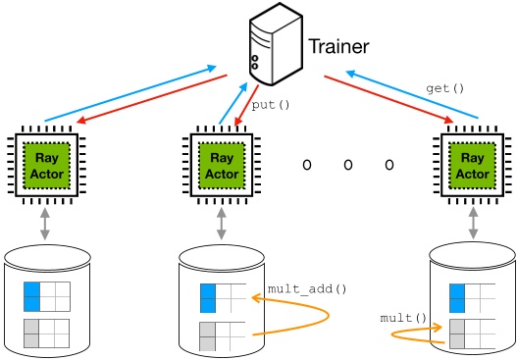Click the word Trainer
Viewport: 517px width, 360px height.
click(338, 46)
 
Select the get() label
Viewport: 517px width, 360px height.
click(444, 88)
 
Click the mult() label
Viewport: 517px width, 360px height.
click(403, 318)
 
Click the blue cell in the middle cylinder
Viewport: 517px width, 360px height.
click(207, 297)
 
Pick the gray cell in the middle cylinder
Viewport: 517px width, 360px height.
click(207, 335)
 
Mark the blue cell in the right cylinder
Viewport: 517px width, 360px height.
click(457, 298)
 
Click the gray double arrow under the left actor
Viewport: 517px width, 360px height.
click(45, 223)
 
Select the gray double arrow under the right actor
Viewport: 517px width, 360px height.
click(473, 222)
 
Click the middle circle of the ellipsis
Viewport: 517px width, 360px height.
click(347, 165)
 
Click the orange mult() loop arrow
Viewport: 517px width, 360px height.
click(412, 334)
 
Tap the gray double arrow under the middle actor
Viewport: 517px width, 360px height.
click(221, 223)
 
